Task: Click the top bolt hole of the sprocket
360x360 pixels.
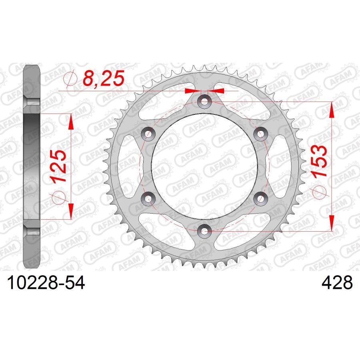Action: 204,101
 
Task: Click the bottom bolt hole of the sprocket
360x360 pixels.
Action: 204,231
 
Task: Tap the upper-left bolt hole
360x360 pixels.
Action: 148,134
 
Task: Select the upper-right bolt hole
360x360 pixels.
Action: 260,134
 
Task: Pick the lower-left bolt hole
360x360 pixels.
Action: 148,198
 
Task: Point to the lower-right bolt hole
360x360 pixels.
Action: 260,198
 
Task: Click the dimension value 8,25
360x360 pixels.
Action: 104,78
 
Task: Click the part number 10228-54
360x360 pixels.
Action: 46,283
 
